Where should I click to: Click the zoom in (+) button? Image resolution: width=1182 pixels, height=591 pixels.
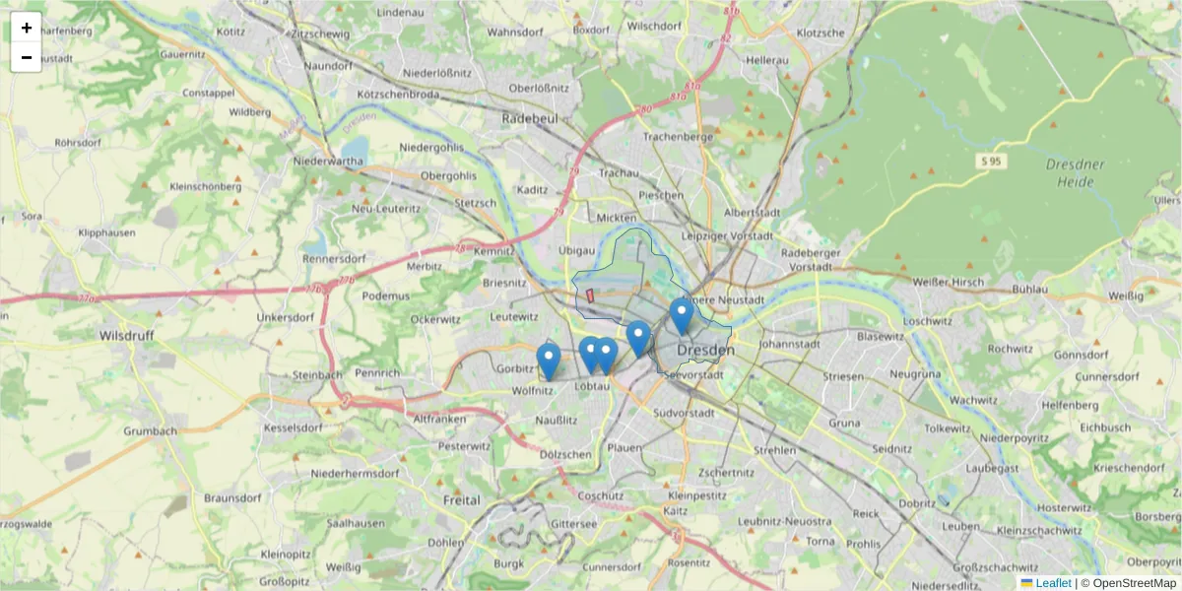tap(27, 28)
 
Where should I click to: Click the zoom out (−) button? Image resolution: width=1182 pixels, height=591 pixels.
tap(27, 57)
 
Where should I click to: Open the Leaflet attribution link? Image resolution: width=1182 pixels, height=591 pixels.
tap(1052, 583)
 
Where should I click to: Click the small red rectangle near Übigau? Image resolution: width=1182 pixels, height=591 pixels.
tap(590, 295)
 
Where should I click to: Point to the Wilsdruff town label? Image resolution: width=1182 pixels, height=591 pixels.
tap(126, 335)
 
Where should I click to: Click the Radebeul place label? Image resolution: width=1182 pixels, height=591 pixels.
tap(530, 117)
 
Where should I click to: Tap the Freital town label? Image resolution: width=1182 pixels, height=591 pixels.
tap(461, 500)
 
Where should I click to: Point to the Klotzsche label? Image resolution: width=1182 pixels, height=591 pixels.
tap(821, 33)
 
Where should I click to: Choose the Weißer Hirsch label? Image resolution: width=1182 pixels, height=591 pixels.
tap(949, 284)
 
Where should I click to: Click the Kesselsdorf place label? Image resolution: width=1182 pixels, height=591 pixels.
tap(291, 428)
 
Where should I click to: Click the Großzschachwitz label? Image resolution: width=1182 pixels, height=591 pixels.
tap(998, 567)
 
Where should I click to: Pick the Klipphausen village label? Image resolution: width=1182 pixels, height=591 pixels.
tap(107, 233)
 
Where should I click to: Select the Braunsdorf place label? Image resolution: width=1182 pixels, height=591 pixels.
tap(230, 497)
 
